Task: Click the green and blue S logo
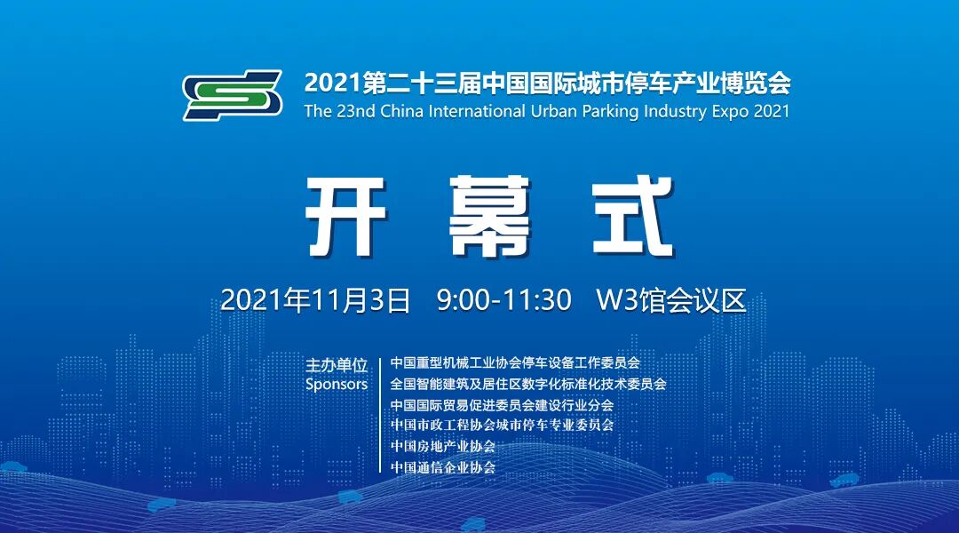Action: (233, 95)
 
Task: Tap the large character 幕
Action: (490, 216)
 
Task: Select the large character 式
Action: (633, 216)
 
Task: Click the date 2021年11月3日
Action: (315, 299)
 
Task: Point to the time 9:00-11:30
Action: (503, 299)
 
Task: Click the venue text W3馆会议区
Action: (670, 299)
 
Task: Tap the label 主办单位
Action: (337, 365)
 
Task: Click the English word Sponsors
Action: (337, 385)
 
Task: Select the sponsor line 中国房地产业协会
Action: (443, 446)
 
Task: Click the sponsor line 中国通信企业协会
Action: (443, 466)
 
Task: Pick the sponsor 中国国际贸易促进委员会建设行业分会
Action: (502, 405)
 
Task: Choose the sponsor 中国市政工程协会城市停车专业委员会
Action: (502, 426)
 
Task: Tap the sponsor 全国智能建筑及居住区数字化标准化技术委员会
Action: (528, 385)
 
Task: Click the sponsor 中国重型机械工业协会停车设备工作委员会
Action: (515, 363)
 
